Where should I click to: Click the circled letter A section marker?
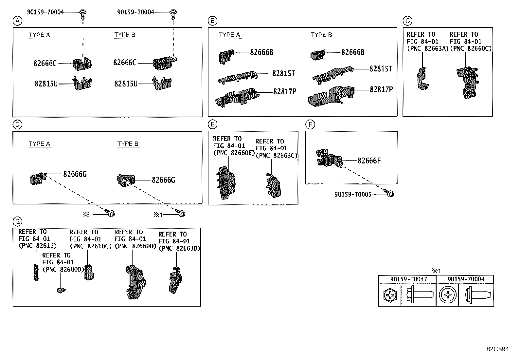coord(17,21)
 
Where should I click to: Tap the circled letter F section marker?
coord(310,125)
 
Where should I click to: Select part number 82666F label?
coord(369,161)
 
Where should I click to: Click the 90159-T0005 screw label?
coord(353,195)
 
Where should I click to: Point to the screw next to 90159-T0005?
coord(389,194)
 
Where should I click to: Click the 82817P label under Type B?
coord(381,89)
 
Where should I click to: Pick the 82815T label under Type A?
coord(283,74)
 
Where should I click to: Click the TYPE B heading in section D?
coord(128,144)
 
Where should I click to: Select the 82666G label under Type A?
coord(75,174)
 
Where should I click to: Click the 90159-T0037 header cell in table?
coord(407,279)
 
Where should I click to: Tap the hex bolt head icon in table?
coord(390,295)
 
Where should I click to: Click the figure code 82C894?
coord(497,349)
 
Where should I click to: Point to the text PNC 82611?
coord(38,246)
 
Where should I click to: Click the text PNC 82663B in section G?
coord(179,249)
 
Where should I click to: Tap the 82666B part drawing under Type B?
coord(317,55)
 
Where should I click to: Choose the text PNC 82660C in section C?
coord(471,48)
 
